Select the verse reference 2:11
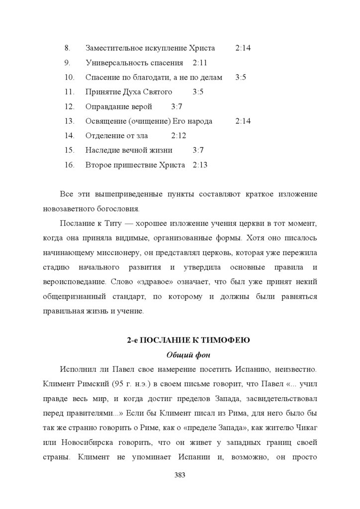(200, 63)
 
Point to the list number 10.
(69, 77)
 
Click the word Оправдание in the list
(103, 106)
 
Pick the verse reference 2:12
(179, 135)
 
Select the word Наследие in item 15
(101, 150)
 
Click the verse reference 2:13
(200, 165)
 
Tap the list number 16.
(69, 165)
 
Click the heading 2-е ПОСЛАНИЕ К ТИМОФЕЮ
(188, 340)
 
